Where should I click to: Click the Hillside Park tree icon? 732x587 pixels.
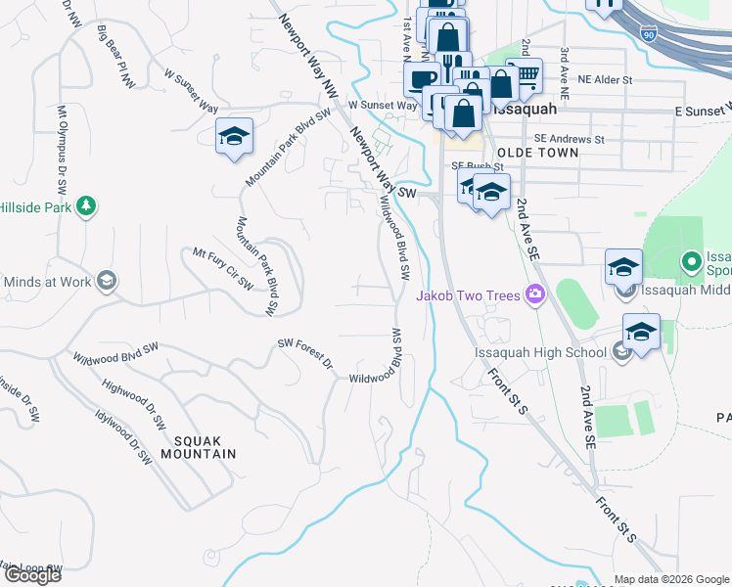coord(87,205)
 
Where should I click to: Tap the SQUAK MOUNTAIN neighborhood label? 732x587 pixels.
coord(199,447)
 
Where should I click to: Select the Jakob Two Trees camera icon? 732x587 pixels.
coord(534,293)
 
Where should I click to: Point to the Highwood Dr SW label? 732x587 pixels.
coord(133,405)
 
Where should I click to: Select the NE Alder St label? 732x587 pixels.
coord(606,78)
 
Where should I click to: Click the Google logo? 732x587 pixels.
coord(32,575)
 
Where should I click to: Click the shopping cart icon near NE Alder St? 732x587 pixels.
coord(526,73)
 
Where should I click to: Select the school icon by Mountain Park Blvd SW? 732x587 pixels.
coord(234,136)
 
